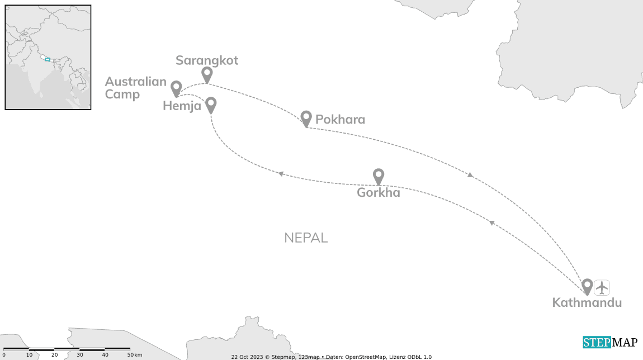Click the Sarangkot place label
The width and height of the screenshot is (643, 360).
tap(207, 60)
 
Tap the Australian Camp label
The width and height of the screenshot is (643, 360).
tap(136, 88)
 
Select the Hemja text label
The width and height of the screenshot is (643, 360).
tap(182, 106)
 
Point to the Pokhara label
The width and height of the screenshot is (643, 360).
tap(340, 120)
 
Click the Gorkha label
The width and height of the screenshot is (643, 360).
tap(379, 193)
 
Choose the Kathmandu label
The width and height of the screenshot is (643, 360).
tap(587, 303)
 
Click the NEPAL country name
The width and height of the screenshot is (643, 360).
tap(306, 238)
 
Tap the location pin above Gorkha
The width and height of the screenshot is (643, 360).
tap(379, 176)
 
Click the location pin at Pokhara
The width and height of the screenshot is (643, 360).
tap(306, 117)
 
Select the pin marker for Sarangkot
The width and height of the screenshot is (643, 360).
tap(207, 74)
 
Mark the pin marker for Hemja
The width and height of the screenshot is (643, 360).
tap(211, 104)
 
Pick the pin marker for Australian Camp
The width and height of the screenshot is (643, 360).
tap(176, 88)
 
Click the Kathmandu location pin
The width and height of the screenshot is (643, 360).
tap(587, 286)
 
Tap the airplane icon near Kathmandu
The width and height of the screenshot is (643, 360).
tap(602, 287)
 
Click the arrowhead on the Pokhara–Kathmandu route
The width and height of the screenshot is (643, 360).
tap(470, 175)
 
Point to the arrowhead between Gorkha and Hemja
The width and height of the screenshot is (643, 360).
tap(281, 174)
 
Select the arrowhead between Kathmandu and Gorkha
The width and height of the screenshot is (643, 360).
tap(491, 222)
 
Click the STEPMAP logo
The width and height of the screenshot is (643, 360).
tap(609, 343)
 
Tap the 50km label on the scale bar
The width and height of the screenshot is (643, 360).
tap(134, 355)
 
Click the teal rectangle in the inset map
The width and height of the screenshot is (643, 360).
tap(48, 59)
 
